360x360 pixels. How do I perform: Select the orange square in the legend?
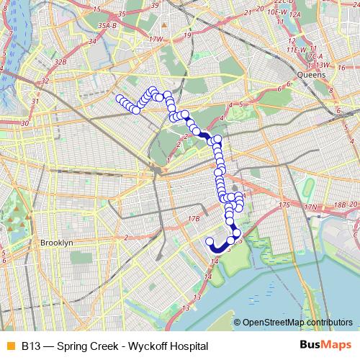[x=9, y=346]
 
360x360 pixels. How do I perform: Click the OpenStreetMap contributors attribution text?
[x=297, y=323]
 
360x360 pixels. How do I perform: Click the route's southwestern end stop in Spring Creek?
[x=210, y=241]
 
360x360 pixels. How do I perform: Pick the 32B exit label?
[x=61, y=63]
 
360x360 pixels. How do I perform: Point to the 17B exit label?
[x=193, y=218]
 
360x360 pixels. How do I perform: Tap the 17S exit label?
[x=284, y=205]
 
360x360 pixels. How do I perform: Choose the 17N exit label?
[x=311, y=207]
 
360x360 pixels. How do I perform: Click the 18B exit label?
[x=338, y=205]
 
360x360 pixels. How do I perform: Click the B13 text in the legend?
[x=30, y=346]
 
